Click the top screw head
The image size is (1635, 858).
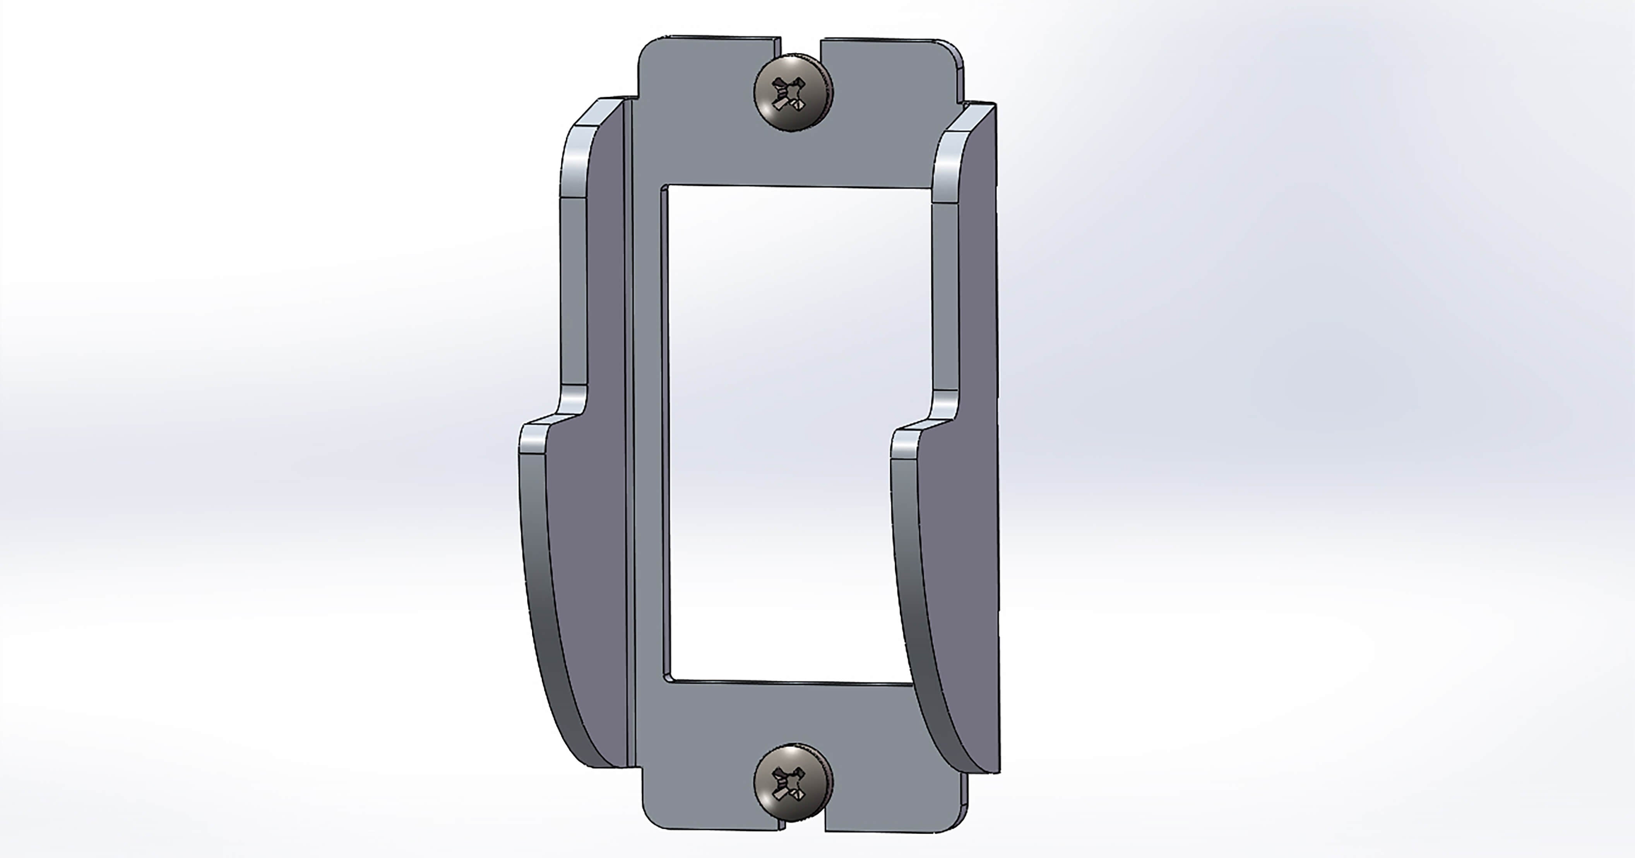793,93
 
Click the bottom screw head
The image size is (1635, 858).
793,783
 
